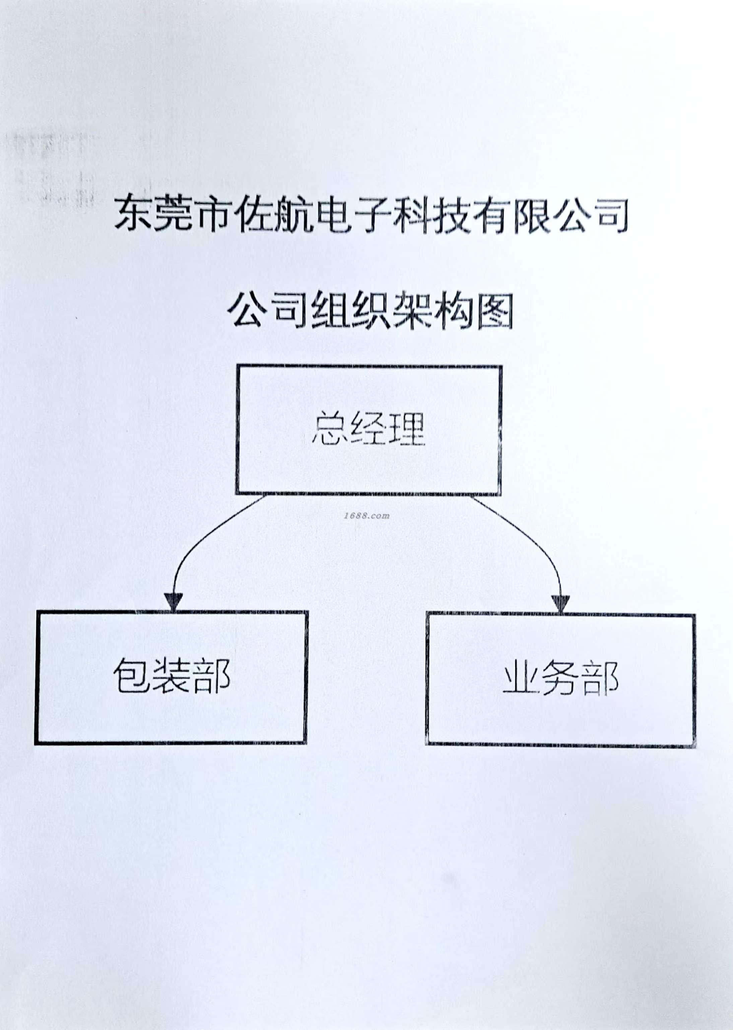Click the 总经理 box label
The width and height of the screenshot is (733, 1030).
point(368,429)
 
